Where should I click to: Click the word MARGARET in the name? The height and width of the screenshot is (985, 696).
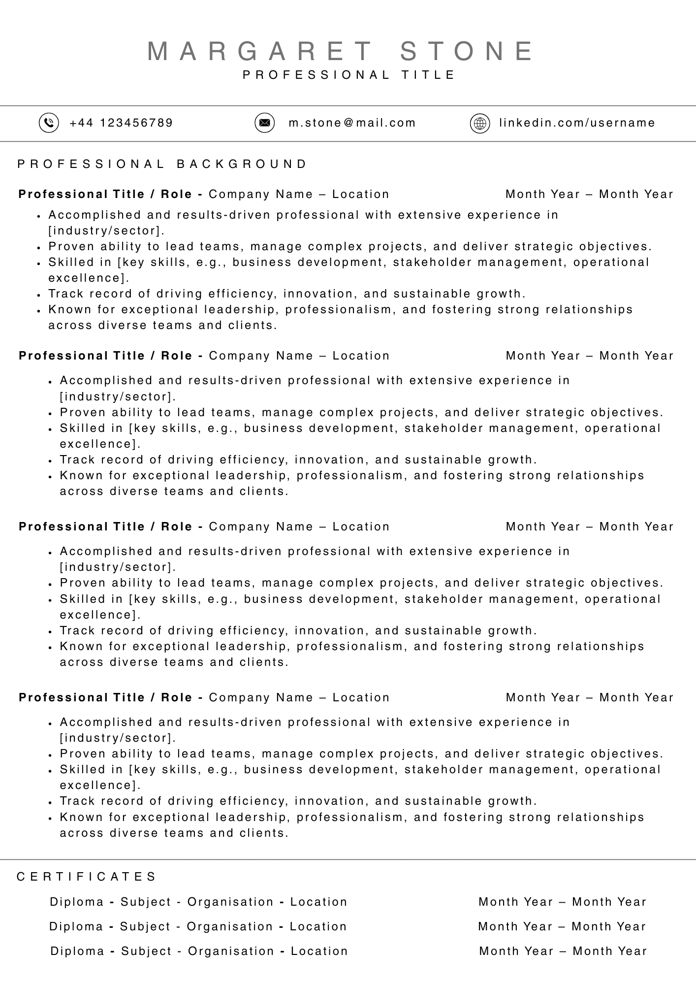[260, 51]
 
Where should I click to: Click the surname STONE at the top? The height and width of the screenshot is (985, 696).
[467, 51]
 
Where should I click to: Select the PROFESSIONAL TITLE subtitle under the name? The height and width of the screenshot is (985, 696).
[349, 75]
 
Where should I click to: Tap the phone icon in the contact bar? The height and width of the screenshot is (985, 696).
[49, 123]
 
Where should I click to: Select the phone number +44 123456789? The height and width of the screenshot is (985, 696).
[121, 123]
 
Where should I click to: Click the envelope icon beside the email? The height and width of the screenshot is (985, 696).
[264, 123]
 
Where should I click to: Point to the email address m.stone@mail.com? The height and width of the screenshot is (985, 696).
[352, 123]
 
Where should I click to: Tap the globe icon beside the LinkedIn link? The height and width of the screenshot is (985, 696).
[480, 123]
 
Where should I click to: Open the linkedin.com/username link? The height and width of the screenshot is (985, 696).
[577, 123]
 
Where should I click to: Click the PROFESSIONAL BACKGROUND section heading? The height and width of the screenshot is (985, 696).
[162, 164]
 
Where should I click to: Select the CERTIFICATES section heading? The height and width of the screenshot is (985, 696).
[87, 877]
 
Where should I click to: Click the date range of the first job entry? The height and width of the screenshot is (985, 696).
[589, 194]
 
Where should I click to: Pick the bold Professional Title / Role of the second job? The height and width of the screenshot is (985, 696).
[105, 356]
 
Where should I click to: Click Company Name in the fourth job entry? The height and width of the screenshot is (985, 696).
[261, 697]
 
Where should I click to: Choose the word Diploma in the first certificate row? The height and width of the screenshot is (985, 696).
[77, 902]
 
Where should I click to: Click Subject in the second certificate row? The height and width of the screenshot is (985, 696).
[144, 926]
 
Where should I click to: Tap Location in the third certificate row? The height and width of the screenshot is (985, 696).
[319, 951]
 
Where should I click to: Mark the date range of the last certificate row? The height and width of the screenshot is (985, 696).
[563, 951]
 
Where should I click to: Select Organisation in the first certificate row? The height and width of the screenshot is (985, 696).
[230, 902]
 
